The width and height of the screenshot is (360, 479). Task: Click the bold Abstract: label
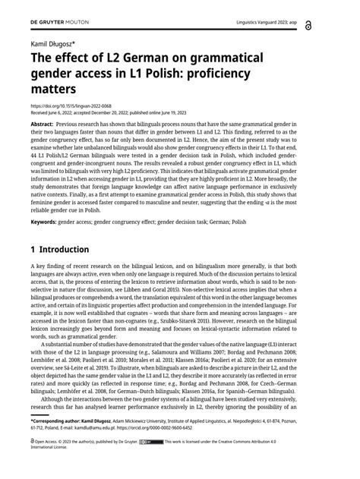42,123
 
